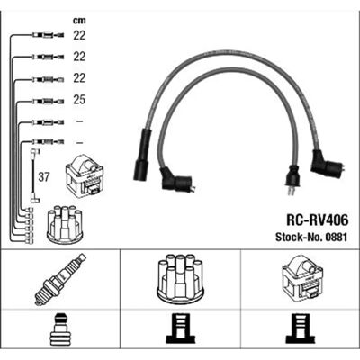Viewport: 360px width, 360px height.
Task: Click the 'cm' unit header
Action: click(79, 21)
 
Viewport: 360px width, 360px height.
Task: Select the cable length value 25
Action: click(79, 100)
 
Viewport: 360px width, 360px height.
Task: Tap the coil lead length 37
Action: click(44, 177)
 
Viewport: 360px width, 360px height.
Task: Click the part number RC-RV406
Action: click(318, 220)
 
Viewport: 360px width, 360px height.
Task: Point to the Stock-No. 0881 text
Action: click(311, 238)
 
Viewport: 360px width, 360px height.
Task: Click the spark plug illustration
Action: click(60, 279)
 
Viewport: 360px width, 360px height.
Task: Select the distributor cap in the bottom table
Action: click(180, 279)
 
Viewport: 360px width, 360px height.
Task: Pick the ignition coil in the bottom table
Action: click(302, 280)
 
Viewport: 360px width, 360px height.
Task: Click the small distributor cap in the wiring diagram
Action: click(65, 224)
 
